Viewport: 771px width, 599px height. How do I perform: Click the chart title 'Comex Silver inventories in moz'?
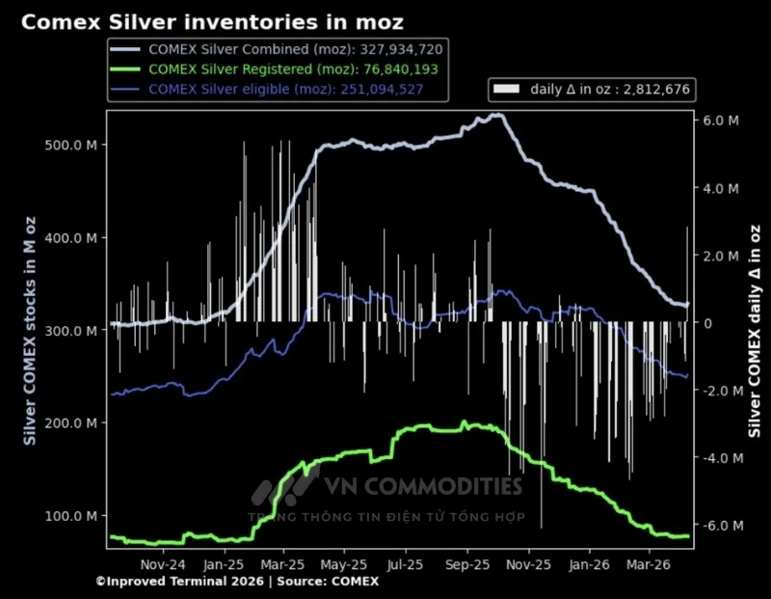(x=212, y=21)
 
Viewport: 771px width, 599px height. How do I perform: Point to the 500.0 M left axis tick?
(x=71, y=146)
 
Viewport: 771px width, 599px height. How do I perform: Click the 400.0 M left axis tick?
(x=71, y=238)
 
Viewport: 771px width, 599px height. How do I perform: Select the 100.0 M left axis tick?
(x=71, y=516)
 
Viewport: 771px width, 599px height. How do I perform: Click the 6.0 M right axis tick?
(x=721, y=121)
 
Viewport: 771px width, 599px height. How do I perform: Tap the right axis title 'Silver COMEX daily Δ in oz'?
(x=755, y=331)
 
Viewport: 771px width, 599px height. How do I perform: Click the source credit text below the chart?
(x=237, y=582)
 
